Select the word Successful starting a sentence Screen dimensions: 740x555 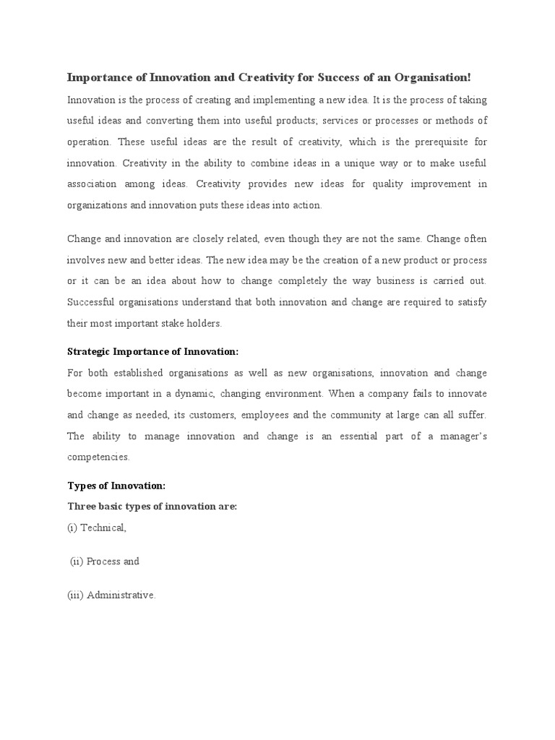92,302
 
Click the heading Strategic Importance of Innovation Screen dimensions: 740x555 152,352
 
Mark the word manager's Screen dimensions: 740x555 459,436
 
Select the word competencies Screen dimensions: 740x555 98,457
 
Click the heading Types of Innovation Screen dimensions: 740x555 116,486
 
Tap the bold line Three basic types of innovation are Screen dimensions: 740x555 152,506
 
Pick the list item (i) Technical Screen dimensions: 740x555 97,528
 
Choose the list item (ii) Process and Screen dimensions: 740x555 105,562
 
